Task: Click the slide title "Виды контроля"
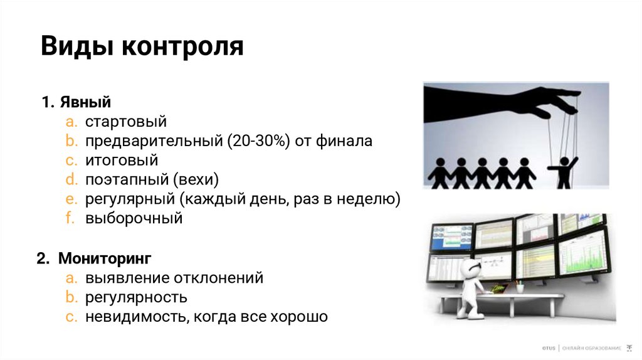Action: (x=142, y=47)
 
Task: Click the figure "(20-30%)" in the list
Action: (x=259, y=141)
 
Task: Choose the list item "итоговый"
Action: (x=122, y=161)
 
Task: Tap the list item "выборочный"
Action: (x=134, y=219)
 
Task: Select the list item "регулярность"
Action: (x=137, y=297)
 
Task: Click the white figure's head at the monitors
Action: (x=470, y=267)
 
